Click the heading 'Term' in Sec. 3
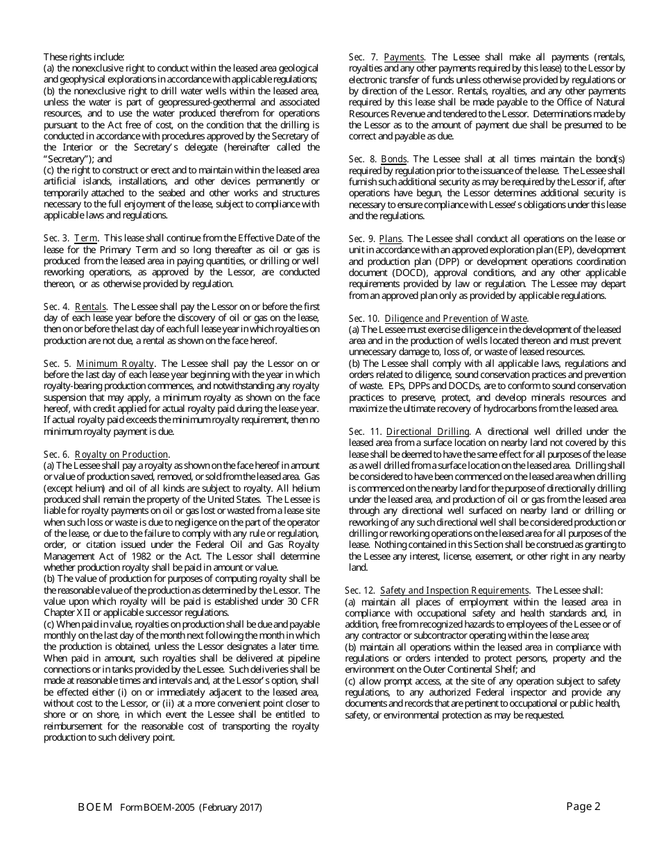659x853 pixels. [86, 238]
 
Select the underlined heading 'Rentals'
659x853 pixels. [90, 307]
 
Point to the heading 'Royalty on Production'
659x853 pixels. [121, 455]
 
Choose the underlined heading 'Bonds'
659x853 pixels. [394, 160]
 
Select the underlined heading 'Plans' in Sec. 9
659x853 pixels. [392, 239]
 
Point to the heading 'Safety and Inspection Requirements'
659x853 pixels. [454, 590]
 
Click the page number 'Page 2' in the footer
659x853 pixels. [583, 806]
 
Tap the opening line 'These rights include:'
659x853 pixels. [84, 57]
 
